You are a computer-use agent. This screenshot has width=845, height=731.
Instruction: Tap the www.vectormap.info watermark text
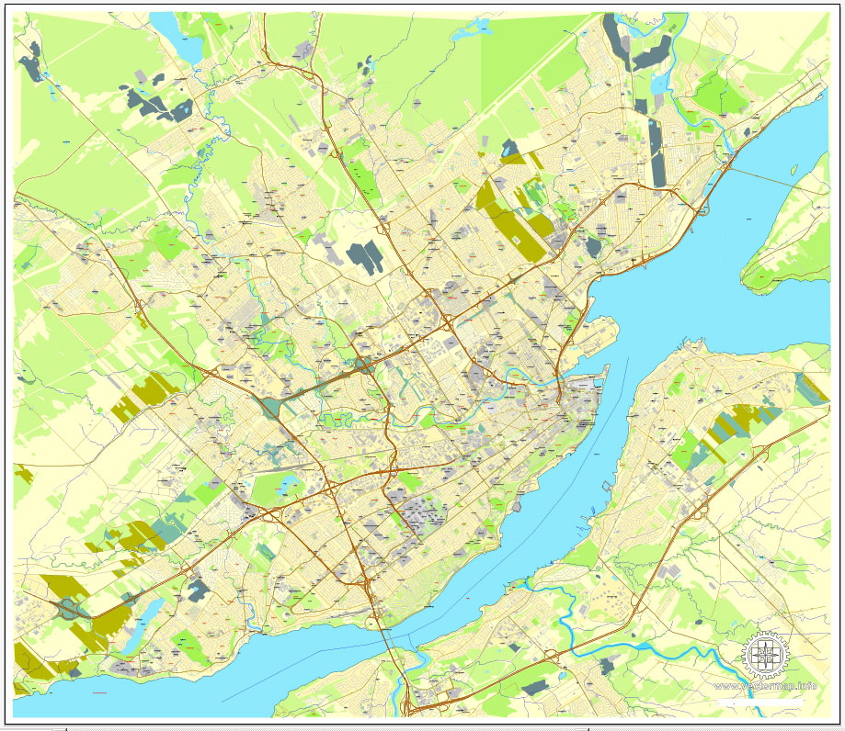(765, 686)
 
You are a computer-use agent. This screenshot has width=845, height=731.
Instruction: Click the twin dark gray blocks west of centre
(365, 257)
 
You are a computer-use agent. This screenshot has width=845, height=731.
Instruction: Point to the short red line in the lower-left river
(99, 692)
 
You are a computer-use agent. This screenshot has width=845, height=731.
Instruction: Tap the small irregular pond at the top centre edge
(484, 28)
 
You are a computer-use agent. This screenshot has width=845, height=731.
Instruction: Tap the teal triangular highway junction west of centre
(268, 406)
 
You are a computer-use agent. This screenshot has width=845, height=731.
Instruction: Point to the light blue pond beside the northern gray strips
(658, 84)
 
